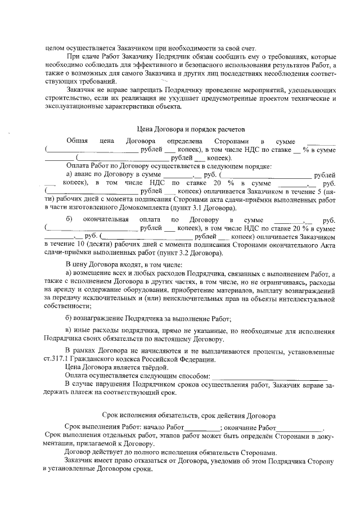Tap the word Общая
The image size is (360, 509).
(77, 141)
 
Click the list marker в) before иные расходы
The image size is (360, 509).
(69, 329)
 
